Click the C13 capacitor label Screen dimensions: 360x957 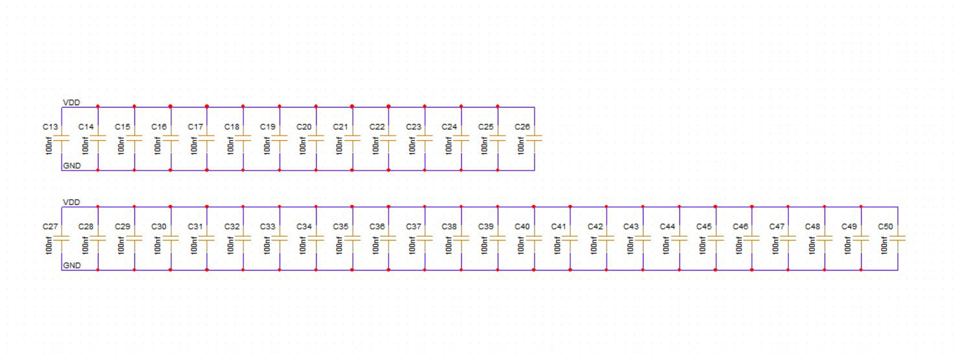pyautogui.click(x=51, y=127)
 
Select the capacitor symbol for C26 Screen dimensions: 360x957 pyautogui.click(x=534, y=139)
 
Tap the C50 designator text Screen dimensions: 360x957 pyautogui.click(x=886, y=226)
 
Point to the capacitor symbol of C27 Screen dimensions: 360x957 pyautogui.click(x=62, y=239)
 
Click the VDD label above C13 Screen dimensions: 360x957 pyautogui.click(x=71, y=102)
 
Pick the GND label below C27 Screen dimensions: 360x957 pyautogui.click(x=71, y=265)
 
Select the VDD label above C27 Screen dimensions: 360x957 pyautogui.click(x=71, y=202)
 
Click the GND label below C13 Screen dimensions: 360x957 pyautogui.click(x=71, y=166)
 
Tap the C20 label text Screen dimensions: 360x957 pyautogui.click(x=304, y=127)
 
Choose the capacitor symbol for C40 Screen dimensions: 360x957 pyautogui.click(x=534, y=239)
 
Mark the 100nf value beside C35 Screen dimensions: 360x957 pyautogui.click(x=339, y=244)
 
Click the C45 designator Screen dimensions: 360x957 pyautogui.click(x=704, y=226)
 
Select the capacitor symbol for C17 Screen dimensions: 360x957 pyautogui.click(x=207, y=139)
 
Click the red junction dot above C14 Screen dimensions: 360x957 pyautogui.click(x=97, y=106)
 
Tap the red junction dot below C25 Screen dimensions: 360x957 pyautogui.click(x=498, y=170)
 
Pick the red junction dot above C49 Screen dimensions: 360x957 pyautogui.click(x=861, y=206)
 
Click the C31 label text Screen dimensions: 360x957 pyautogui.click(x=195, y=226)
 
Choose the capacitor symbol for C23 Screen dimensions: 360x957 pyautogui.click(x=425, y=139)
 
